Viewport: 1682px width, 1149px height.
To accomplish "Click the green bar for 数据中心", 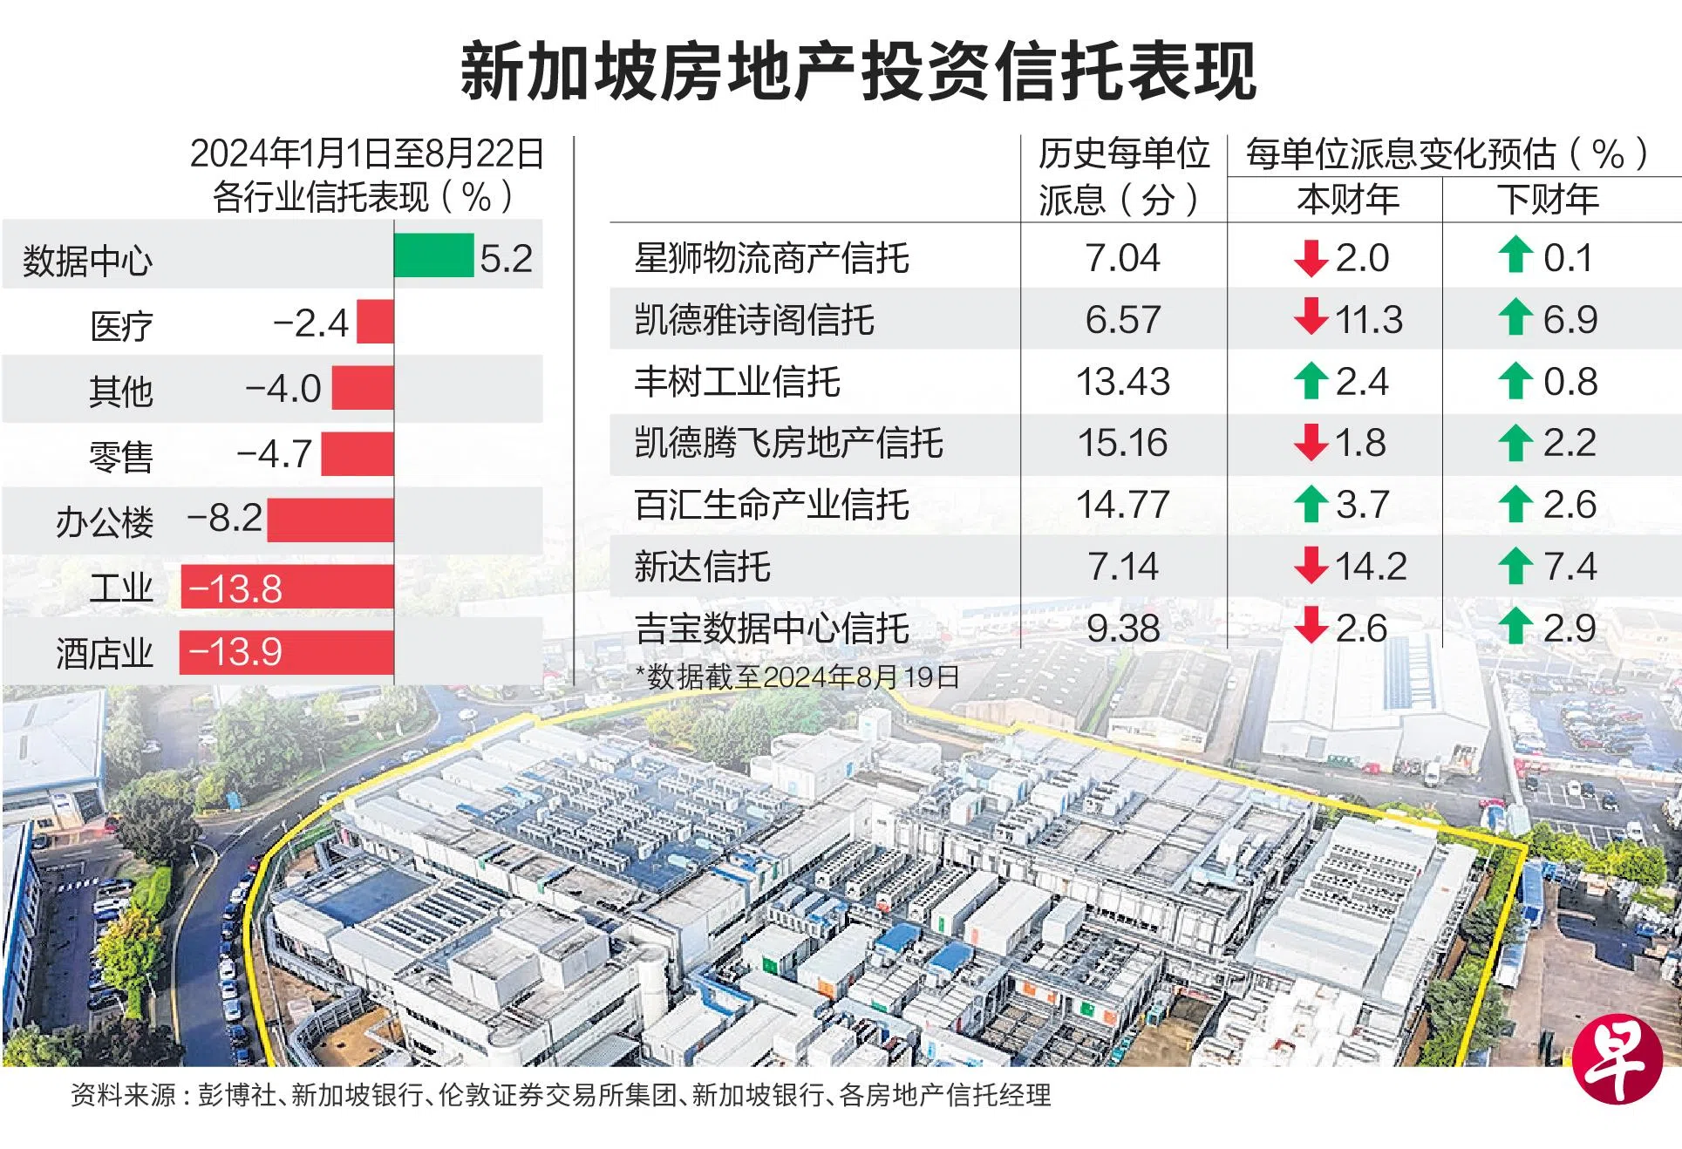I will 433,255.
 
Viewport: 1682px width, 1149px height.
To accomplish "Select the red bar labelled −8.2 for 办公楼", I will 330,520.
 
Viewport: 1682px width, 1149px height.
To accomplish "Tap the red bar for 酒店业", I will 286,653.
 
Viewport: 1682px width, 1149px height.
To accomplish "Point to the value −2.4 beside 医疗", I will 311,323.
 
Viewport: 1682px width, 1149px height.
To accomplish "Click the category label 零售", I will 121,456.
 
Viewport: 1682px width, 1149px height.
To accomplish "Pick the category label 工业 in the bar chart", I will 121,588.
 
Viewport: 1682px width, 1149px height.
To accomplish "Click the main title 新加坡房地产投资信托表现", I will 858,71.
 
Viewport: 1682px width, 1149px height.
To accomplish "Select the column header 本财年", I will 1347,200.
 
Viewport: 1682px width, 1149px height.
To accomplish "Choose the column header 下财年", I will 1548,200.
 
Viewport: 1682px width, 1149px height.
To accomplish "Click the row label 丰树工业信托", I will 737,382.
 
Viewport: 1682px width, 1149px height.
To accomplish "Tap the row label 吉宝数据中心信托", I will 772,629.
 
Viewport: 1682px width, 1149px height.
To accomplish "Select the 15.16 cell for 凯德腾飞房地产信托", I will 1122,443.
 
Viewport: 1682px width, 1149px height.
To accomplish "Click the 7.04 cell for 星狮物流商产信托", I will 1122,258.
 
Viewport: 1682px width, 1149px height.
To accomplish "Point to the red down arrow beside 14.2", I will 1311,567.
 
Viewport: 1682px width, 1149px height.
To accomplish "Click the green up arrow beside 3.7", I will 1311,505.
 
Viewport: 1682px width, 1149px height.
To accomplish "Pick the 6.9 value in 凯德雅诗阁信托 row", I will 1570,320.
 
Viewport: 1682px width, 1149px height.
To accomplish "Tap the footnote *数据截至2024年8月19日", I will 797,676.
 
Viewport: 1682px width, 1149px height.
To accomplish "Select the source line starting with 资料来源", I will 561,1095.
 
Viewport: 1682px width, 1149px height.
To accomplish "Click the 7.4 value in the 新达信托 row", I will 1570,567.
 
